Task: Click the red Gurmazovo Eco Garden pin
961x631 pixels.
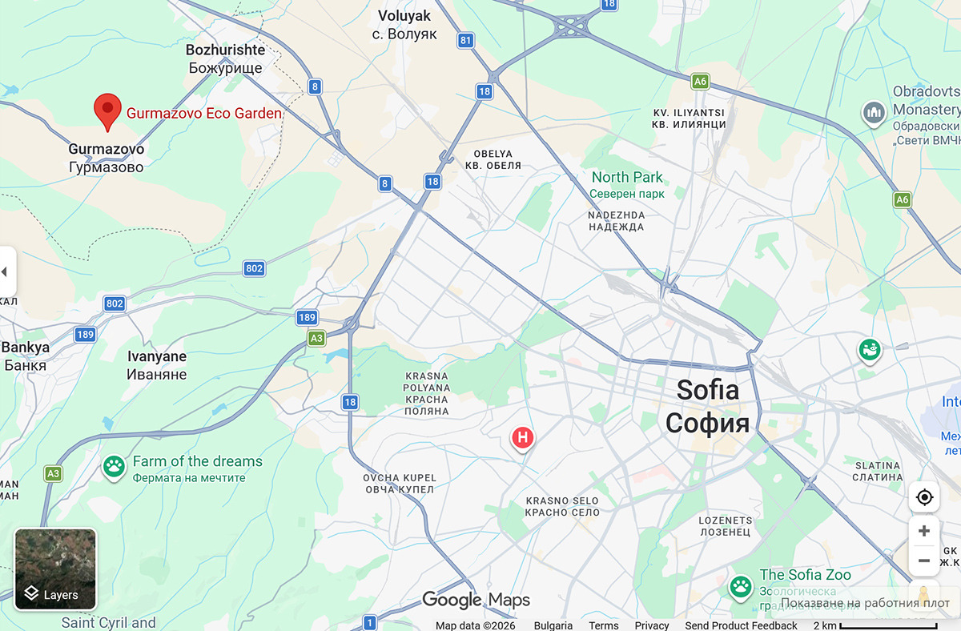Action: coord(107,111)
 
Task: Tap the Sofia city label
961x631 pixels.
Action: coord(707,406)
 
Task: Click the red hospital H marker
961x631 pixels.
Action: coord(522,437)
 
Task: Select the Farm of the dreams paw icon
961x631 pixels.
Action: coord(114,467)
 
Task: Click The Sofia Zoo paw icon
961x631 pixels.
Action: coord(740,587)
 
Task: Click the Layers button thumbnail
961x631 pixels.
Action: coord(55,569)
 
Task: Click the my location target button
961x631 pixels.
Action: coord(924,497)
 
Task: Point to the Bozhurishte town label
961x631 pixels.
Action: coord(225,58)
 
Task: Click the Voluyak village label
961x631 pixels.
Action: coord(404,24)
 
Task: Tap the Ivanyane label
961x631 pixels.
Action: coord(157,365)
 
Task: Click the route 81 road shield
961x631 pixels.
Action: coord(466,40)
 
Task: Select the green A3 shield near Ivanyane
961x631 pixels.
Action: coord(317,339)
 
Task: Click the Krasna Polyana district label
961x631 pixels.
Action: coord(427,393)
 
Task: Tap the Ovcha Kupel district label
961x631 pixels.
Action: coord(399,484)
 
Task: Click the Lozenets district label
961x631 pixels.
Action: coord(725,525)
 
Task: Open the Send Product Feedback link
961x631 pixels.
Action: coord(741,625)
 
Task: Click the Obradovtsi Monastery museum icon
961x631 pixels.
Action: coord(873,113)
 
